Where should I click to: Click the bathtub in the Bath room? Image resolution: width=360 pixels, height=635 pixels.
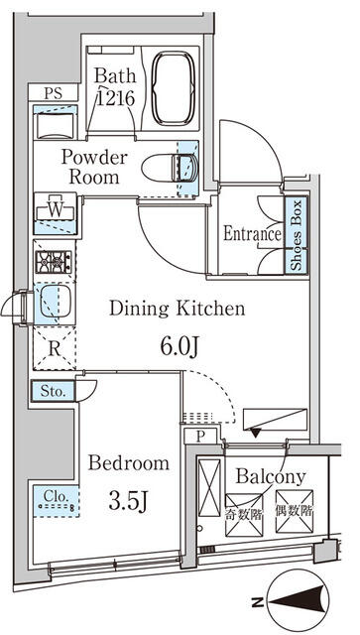click(x=174, y=88)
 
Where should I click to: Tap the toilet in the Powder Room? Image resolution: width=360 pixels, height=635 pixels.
click(x=170, y=168)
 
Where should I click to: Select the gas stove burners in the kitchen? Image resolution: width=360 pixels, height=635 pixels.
click(x=54, y=262)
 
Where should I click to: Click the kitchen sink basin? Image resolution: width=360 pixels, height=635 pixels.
click(x=56, y=302)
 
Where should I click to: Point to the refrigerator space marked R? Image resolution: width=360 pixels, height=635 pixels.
click(x=55, y=348)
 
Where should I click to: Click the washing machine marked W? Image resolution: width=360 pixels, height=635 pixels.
click(x=56, y=212)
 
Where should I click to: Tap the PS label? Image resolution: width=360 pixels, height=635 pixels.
click(x=53, y=93)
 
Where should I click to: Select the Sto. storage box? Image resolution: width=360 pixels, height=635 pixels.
click(x=53, y=392)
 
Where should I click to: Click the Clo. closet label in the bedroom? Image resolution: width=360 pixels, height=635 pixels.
click(x=56, y=496)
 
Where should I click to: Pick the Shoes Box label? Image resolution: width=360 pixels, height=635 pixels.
click(x=297, y=235)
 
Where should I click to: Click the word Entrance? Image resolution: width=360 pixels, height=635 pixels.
click(x=252, y=234)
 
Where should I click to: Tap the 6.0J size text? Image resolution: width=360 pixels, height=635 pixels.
click(x=180, y=347)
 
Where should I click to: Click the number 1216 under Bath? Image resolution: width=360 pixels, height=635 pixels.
click(x=115, y=98)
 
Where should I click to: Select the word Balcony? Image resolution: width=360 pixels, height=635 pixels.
click(x=271, y=478)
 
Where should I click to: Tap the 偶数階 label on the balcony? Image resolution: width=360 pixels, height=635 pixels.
click(x=295, y=511)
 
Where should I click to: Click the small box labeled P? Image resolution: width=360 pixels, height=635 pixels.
click(x=200, y=437)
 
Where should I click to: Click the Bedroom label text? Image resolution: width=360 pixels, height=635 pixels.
click(x=129, y=463)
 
